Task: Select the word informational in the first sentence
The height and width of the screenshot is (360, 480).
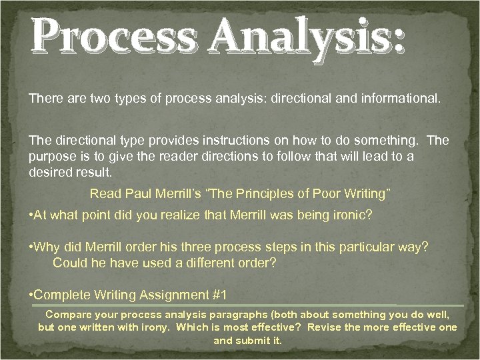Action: tap(399, 98)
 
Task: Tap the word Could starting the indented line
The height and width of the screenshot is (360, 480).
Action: tap(69, 262)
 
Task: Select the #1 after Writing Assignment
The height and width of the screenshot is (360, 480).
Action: tap(218, 295)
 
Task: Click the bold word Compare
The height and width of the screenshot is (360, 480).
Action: tap(66, 314)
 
